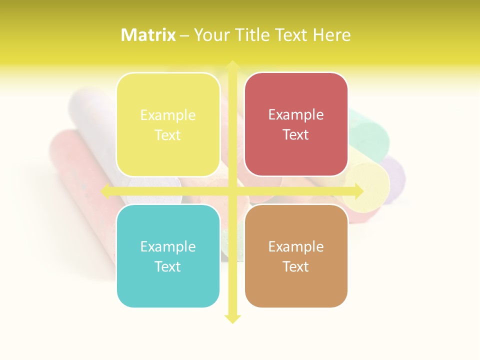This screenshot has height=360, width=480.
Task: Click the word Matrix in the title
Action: click(x=148, y=35)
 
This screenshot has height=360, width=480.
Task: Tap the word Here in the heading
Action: click(x=331, y=35)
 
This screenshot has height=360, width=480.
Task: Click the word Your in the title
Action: click(x=210, y=35)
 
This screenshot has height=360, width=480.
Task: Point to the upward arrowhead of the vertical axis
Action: click(x=232, y=65)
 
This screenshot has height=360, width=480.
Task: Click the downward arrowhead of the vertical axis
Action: click(x=232, y=318)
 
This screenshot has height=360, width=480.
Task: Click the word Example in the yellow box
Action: click(x=168, y=115)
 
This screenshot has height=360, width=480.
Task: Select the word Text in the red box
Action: click(x=296, y=135)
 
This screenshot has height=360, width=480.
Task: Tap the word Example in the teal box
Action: click(x=168, y=246)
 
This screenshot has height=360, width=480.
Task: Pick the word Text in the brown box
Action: click(x=296, y=266)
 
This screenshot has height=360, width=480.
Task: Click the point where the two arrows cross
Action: click(x=232, y=191)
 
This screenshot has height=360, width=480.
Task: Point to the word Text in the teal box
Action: click(x=168, y=266)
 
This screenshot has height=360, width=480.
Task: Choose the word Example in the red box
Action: click(x=296, y=115)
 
